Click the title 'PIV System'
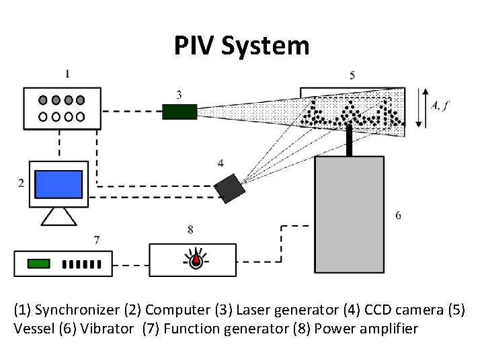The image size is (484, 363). tap(241, 46)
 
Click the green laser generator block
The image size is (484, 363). tap(179, 112)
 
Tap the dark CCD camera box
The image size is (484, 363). tap(229, 187)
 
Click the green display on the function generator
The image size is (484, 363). tap(38, 264)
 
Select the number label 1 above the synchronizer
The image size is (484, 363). tap(66, 73)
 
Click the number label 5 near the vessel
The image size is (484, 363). tap(353, 75)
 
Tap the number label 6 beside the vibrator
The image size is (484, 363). tap(398, 215)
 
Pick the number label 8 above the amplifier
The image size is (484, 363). tap(190, 230)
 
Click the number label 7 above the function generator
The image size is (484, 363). tap(97, 239)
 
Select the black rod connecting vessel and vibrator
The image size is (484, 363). tap(350, 142)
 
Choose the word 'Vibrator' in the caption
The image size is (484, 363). tap(112, 329)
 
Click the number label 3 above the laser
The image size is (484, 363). tap(178, 94)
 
